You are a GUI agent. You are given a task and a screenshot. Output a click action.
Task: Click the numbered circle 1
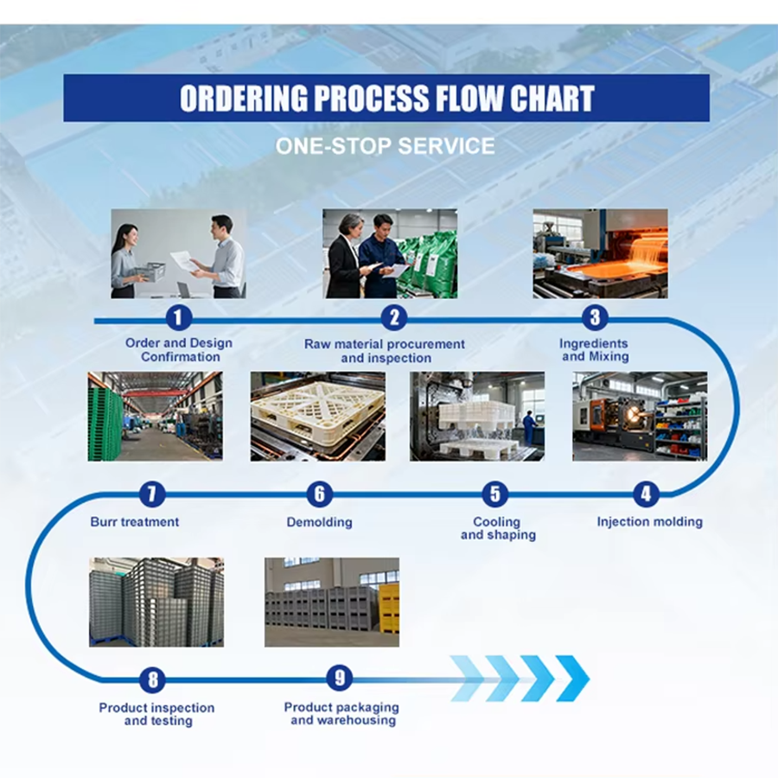[178, 318]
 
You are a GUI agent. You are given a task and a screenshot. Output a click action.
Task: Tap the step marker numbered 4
[645, 494]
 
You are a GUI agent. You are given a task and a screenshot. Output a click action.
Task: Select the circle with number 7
[152, 494]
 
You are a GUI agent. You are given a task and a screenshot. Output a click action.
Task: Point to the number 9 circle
[340, 679]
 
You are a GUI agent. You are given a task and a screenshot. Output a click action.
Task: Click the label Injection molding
[649, 521]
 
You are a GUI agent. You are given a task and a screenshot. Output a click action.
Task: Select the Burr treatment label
[135, 521]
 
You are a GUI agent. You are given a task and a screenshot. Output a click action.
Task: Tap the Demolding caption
[319, 522]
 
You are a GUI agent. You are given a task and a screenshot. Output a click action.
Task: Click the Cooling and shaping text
[497, 528]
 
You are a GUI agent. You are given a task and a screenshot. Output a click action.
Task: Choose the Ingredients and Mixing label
[594, 350]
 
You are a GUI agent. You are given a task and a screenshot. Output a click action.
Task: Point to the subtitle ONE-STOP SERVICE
[386, 145]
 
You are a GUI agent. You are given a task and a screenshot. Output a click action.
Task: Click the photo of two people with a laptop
[178, 253]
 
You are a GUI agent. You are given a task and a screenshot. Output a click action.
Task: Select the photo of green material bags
[390, 253]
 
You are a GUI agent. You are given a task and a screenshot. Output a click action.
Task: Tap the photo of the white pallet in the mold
[317, 416]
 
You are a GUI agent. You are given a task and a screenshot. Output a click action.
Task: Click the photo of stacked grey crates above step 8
[156, 602]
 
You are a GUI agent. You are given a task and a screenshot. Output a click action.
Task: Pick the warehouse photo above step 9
[332, 602]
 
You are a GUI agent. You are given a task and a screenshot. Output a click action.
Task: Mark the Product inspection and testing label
[156, 714]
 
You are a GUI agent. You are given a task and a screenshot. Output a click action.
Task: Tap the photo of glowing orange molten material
[600, 253]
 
